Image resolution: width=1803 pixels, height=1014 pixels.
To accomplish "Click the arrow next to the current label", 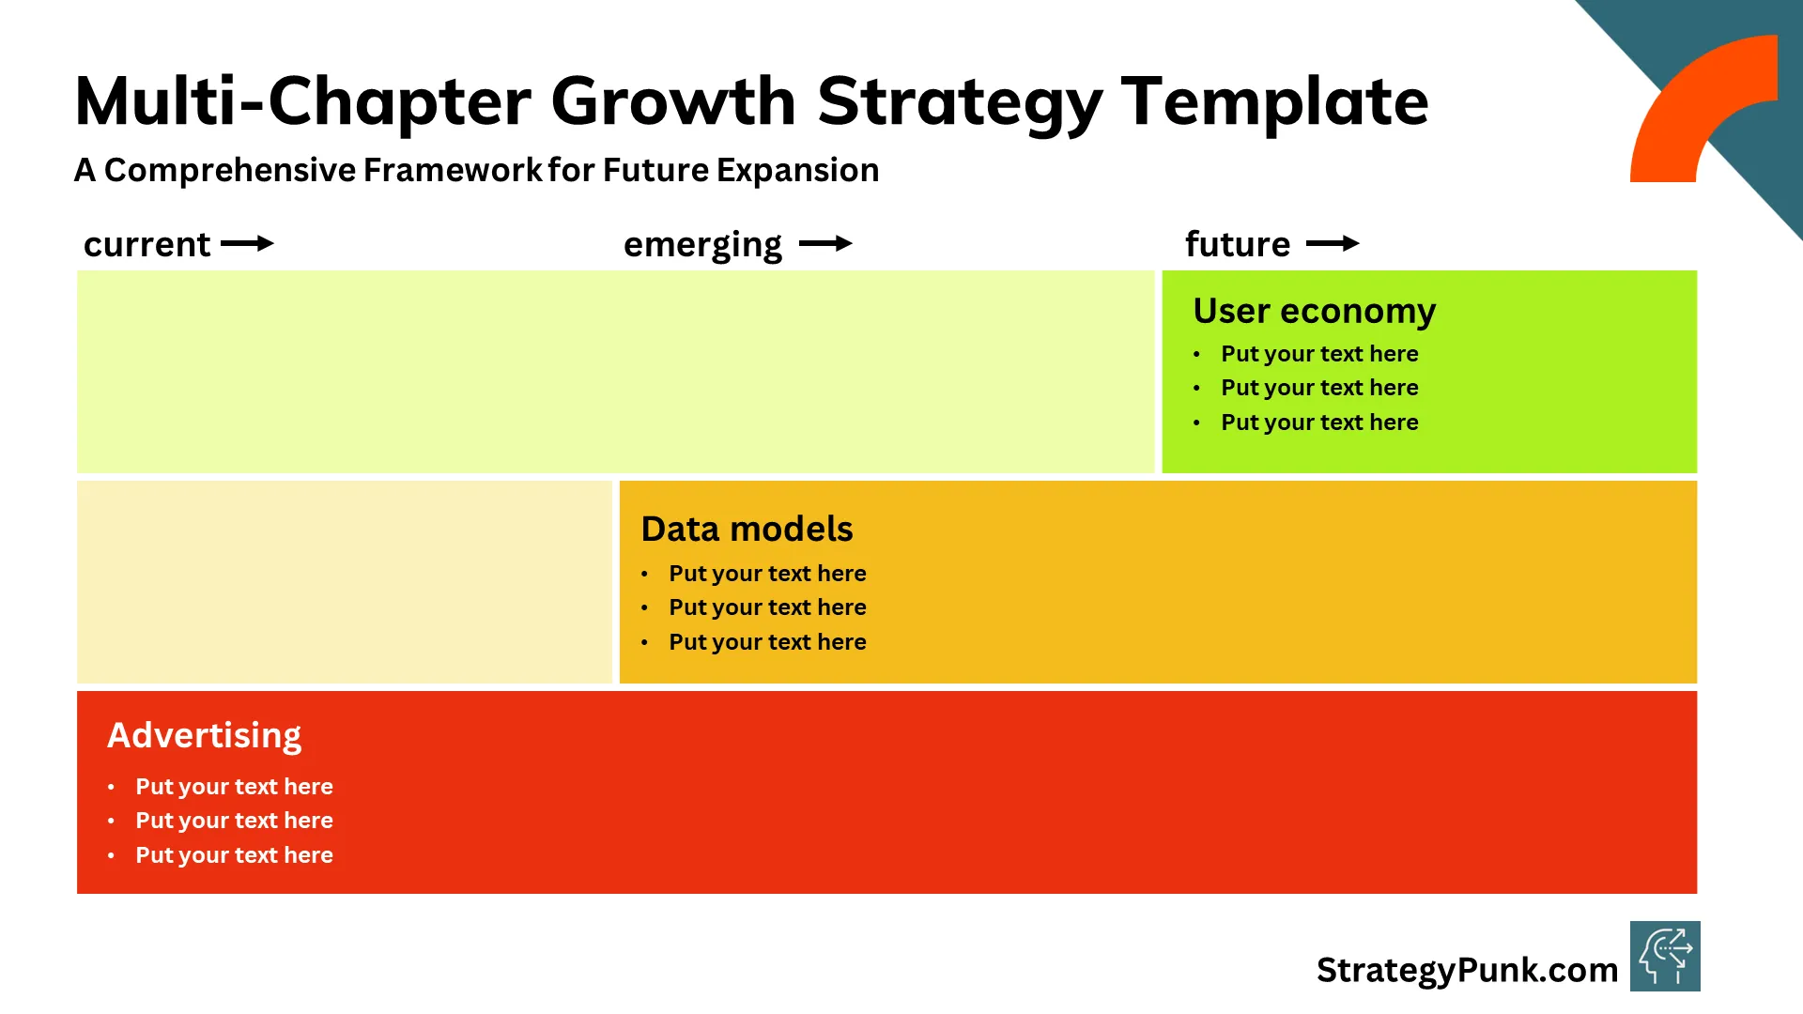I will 247,244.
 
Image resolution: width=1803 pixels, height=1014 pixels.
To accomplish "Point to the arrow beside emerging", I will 825,244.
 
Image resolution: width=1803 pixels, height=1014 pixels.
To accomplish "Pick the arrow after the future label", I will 1333,244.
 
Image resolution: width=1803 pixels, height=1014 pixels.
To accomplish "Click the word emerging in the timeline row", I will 702,245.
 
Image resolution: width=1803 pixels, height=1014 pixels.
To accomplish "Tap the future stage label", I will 1237,244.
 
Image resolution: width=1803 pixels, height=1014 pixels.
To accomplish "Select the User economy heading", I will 1314,311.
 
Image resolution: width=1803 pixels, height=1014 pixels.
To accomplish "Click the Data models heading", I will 747,530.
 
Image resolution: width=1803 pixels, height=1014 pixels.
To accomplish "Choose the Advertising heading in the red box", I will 204,735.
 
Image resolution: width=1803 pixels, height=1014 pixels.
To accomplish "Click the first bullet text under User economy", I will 1318,354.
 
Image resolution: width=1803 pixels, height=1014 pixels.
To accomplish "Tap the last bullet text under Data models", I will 766,642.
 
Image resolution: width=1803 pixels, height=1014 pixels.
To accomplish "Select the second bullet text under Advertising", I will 234,821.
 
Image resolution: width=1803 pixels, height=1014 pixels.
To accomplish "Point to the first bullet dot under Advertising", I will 111,787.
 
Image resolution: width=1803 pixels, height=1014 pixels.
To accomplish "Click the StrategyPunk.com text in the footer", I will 1466,970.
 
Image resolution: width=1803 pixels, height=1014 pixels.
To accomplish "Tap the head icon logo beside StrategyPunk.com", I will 1664,956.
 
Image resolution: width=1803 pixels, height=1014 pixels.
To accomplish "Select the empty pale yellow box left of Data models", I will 344,582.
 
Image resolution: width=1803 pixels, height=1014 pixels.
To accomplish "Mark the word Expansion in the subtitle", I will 797,170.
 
